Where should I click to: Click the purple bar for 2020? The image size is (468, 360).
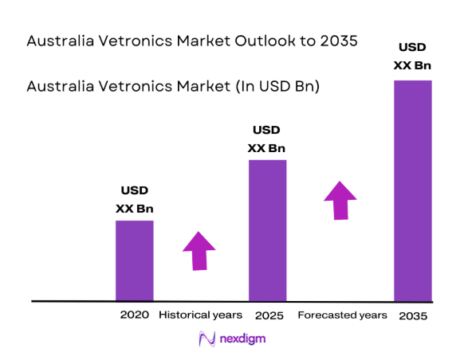click(x=134, y=260)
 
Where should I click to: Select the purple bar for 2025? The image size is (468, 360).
click(x=267, y=230)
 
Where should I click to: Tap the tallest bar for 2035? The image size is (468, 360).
click(x=412, y=190)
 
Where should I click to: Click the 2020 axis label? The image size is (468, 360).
click(x=135, y=315)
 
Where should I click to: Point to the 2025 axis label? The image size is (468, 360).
click(x=269, y=315)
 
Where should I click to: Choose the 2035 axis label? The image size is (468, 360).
click(x=413, y=316)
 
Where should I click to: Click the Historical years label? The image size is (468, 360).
click(x=200, y=315)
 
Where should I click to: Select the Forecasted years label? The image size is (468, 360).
click(x=342, y=315)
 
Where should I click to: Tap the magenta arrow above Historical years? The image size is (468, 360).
click(x=199, y=250)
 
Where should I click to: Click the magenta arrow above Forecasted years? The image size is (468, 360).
click(x=340, y=200)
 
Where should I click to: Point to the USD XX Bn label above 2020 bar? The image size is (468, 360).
click(x=135, y=200)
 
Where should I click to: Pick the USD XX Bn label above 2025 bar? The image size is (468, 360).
click(x=267, y=139)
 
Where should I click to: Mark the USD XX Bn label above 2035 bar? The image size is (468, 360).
click(x=412, y=57)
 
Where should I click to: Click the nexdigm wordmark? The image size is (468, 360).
click(x=242, y=339)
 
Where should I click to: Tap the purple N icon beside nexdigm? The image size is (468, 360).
click(x=206, y=339)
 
